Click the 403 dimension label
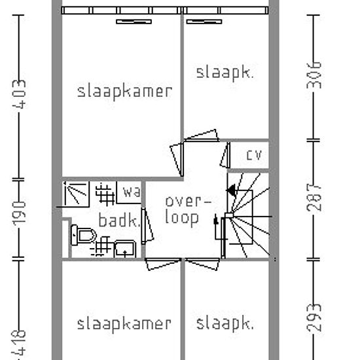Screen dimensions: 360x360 (19, 94)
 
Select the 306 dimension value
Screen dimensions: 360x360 (314, 75)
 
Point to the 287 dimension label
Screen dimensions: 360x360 (314, 198)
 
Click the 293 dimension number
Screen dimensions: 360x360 (314, 317)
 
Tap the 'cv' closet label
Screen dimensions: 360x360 (254, 155)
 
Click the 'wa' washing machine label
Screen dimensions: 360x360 (132, 192)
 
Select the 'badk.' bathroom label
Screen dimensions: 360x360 (119, 220)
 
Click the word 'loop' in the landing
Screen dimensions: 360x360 (182, 218)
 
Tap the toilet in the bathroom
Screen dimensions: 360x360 (83, 235)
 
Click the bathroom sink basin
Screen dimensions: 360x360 (125, 249)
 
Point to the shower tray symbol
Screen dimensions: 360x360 (76, 194)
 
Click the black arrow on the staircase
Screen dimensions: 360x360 (231, 190)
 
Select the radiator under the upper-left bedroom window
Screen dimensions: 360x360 (134, 22)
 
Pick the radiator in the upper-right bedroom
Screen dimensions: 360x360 (204, 22)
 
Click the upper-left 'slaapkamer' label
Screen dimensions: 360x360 (124, 92)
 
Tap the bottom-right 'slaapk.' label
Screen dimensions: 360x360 (225, 324)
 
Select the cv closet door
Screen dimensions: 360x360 (225, 155)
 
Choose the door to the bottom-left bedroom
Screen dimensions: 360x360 (163, 264)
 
